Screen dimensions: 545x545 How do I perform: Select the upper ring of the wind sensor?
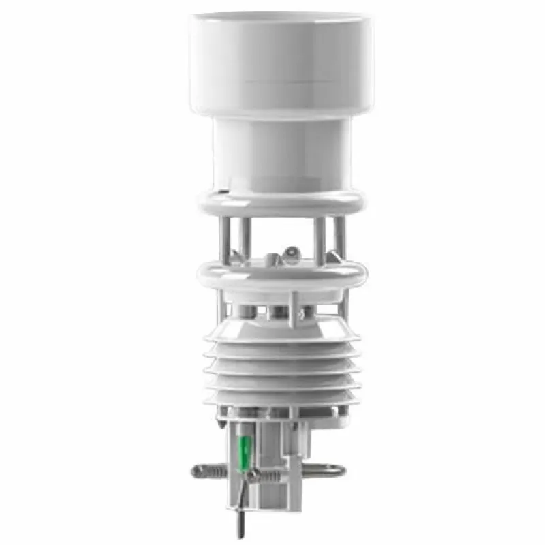point(281,202)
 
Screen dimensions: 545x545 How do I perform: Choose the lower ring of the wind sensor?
point(281,275)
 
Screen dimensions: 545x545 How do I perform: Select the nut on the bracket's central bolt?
point(253,476)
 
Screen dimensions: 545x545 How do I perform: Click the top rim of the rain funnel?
point(281,19)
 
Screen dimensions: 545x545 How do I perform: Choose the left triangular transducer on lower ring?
point(234,258)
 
